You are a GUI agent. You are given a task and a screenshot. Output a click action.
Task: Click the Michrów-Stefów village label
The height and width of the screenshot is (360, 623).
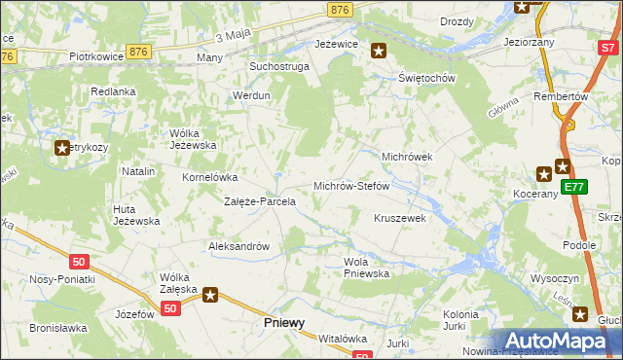click(350, 186)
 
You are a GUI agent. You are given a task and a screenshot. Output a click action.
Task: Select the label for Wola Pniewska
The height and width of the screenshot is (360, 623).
click(367, 268)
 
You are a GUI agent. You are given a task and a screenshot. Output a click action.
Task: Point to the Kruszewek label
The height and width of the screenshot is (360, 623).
click(400, 219)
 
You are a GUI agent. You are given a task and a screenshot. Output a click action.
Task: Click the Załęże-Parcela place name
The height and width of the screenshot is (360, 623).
click(260, 201)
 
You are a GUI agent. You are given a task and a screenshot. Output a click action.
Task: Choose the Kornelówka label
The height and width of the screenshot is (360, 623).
click(210, 178)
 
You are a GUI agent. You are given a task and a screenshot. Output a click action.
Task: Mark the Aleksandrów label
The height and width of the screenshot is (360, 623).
click(238, 246)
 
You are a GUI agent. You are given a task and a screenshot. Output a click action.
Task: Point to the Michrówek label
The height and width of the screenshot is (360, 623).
click(406, 156)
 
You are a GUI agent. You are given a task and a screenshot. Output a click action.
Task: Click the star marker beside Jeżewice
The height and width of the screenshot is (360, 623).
click(379, 51)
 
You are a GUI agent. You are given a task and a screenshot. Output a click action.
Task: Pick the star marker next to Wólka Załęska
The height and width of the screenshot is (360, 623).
click(208, 293)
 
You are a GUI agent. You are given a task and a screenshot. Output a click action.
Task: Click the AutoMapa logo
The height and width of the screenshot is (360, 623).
click(558, 341)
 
